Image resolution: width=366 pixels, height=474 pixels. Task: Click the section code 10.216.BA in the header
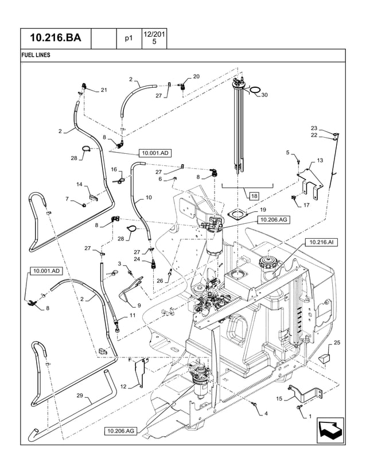56,38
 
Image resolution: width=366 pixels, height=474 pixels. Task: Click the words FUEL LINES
36,56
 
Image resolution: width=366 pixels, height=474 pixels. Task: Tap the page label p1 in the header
129,39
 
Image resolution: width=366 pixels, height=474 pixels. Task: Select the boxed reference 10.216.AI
321,243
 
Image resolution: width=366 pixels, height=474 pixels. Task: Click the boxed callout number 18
254,196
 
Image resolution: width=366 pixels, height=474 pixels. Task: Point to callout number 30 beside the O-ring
264,95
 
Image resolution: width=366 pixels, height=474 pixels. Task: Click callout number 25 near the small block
336,343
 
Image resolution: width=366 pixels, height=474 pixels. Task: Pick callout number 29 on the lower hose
80,396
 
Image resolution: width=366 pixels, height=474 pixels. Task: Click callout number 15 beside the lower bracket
279,399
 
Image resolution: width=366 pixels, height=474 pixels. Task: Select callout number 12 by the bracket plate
123,387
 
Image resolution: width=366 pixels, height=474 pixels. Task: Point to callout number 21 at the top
104,90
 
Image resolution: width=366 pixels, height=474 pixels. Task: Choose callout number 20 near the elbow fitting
196,76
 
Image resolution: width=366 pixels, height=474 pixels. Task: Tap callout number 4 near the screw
266,413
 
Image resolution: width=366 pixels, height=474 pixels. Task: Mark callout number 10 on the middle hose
149,197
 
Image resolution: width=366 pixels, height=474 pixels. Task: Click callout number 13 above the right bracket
320,160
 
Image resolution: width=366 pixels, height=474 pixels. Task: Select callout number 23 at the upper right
314,128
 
